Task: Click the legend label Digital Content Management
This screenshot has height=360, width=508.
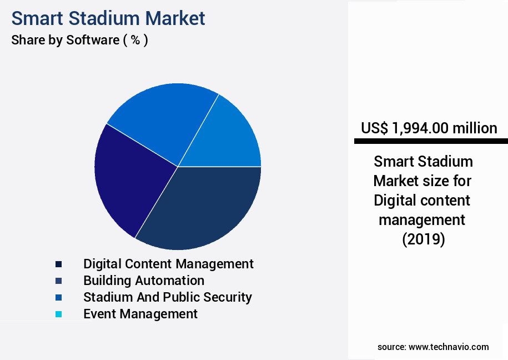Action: pos(168,264)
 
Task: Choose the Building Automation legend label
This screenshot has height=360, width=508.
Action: pos(144,281)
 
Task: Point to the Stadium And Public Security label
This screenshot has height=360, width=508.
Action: pos(168,297)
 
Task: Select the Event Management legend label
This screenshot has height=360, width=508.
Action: pos(140,314)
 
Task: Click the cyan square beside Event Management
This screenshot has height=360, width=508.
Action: pos(59,314)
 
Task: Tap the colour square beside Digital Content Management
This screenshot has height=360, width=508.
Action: pos(59,264)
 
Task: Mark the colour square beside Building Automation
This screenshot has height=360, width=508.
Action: pos(59,281)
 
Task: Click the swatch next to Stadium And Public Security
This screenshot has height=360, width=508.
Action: pos(59,298)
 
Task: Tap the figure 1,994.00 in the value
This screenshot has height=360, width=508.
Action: pos(420,128)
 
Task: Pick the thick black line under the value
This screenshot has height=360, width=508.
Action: pos(431,142)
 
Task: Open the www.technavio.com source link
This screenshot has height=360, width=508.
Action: pos(449,347)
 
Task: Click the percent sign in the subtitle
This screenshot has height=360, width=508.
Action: pos(135,41)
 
